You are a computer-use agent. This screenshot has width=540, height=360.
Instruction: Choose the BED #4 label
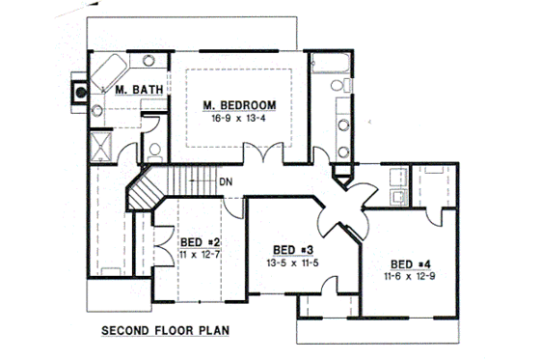click(410, 263)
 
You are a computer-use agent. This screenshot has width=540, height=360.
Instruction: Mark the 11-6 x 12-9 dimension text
click(410, 276)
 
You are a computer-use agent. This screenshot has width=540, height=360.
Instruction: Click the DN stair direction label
click(224, 181)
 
